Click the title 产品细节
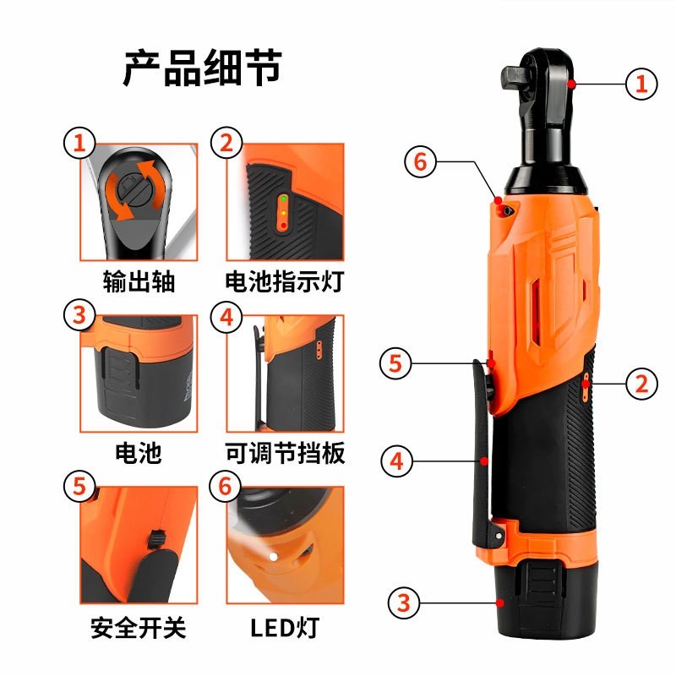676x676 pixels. (201, 69)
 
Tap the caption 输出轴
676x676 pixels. (138, 281)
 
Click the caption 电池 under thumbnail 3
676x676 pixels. (138, 454)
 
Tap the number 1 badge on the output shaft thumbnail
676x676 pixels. (79, 143)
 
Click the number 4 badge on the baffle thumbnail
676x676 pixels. (225, 317)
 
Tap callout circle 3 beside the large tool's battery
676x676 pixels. (404, 603)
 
